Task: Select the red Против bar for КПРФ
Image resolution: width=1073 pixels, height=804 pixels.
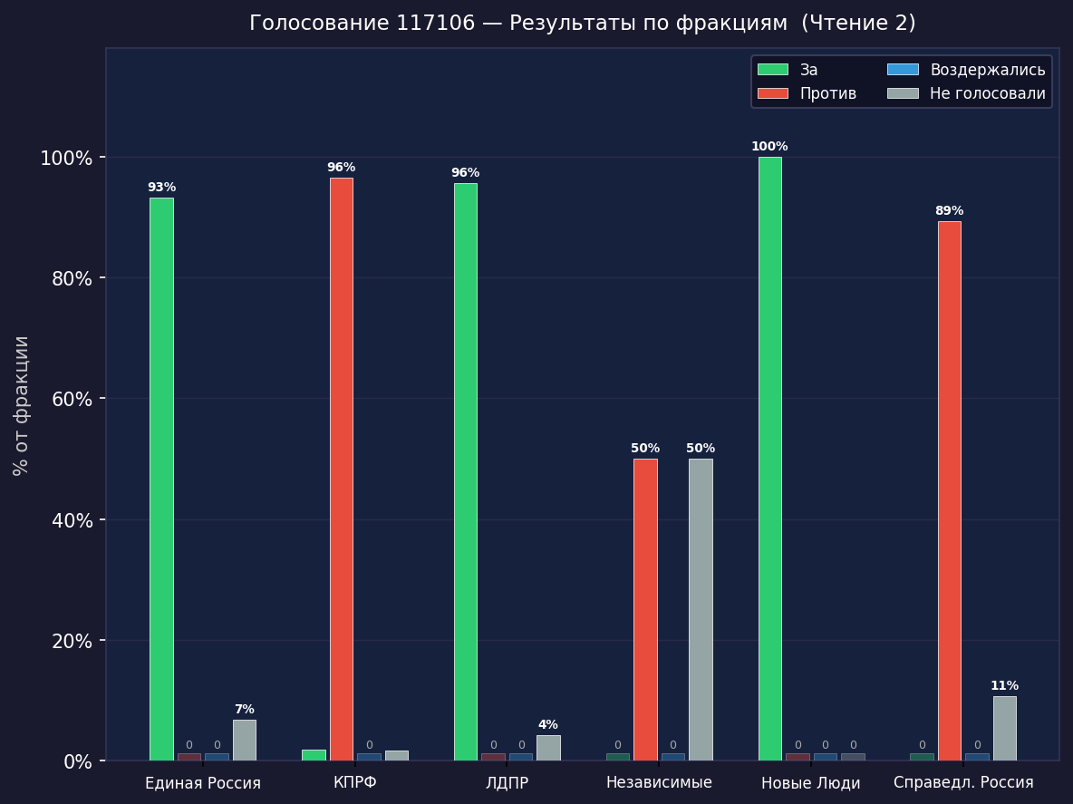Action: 342,469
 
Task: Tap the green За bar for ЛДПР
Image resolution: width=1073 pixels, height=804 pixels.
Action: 466,471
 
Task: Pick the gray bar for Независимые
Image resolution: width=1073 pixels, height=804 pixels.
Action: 701,609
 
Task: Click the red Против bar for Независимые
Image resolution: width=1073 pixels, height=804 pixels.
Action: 645,609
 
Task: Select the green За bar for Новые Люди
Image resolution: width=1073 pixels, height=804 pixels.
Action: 769,459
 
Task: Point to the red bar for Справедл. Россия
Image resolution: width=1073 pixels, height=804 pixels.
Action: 949,490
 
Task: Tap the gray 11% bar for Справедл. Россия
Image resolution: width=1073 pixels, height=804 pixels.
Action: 1004,728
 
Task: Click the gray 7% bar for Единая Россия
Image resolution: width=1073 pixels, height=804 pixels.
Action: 244,740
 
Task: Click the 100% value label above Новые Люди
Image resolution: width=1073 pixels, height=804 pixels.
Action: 769,147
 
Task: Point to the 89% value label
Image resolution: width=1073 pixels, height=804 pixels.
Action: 949,211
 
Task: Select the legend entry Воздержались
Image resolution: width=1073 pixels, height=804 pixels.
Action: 987,70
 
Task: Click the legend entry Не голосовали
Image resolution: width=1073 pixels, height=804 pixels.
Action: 987,93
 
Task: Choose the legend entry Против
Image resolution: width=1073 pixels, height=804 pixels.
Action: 827,93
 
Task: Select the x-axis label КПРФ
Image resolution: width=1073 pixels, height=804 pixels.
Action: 355,782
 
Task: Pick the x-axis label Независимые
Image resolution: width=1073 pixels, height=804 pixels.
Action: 659,782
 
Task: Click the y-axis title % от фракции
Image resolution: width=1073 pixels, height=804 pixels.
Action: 22,405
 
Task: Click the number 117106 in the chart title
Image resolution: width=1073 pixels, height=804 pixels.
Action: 435,24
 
